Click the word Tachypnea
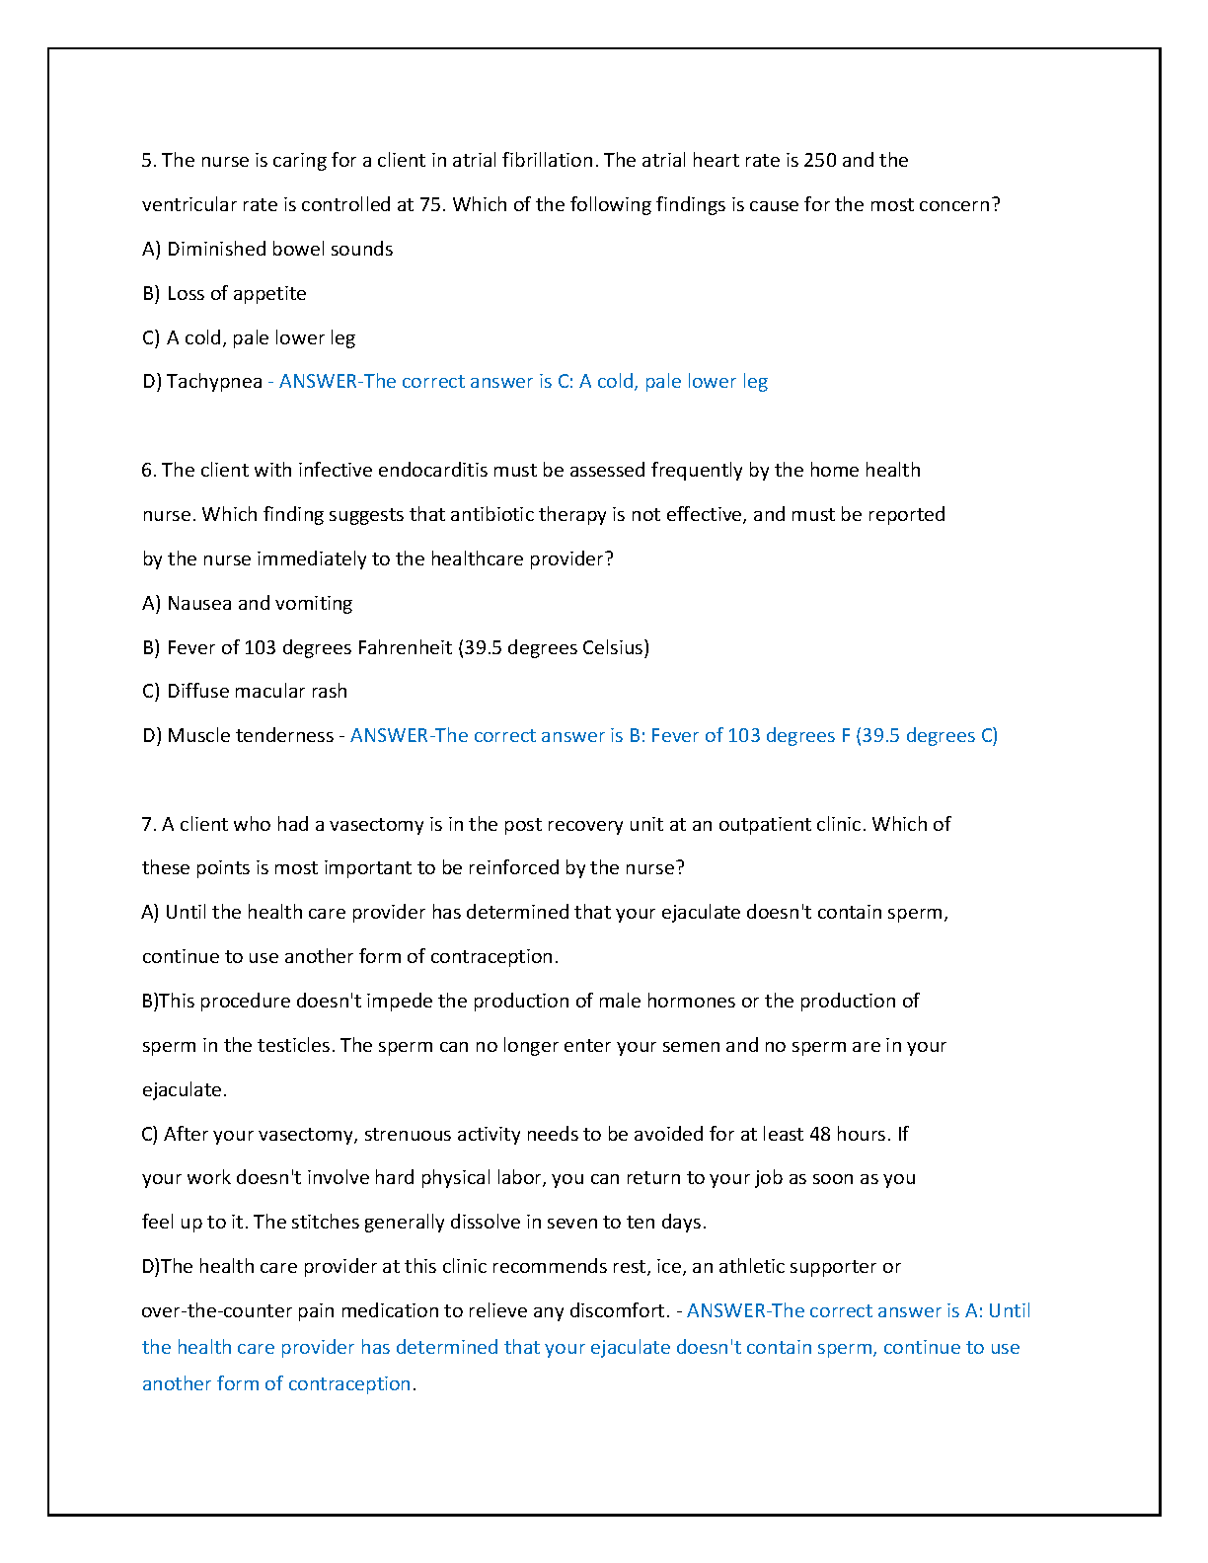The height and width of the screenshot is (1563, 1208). tap(214, 382)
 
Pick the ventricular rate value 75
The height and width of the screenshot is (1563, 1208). tap(429, 204)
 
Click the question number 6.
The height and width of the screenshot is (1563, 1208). tap(148, 470)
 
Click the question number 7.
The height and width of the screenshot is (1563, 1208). tap(148, 824)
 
